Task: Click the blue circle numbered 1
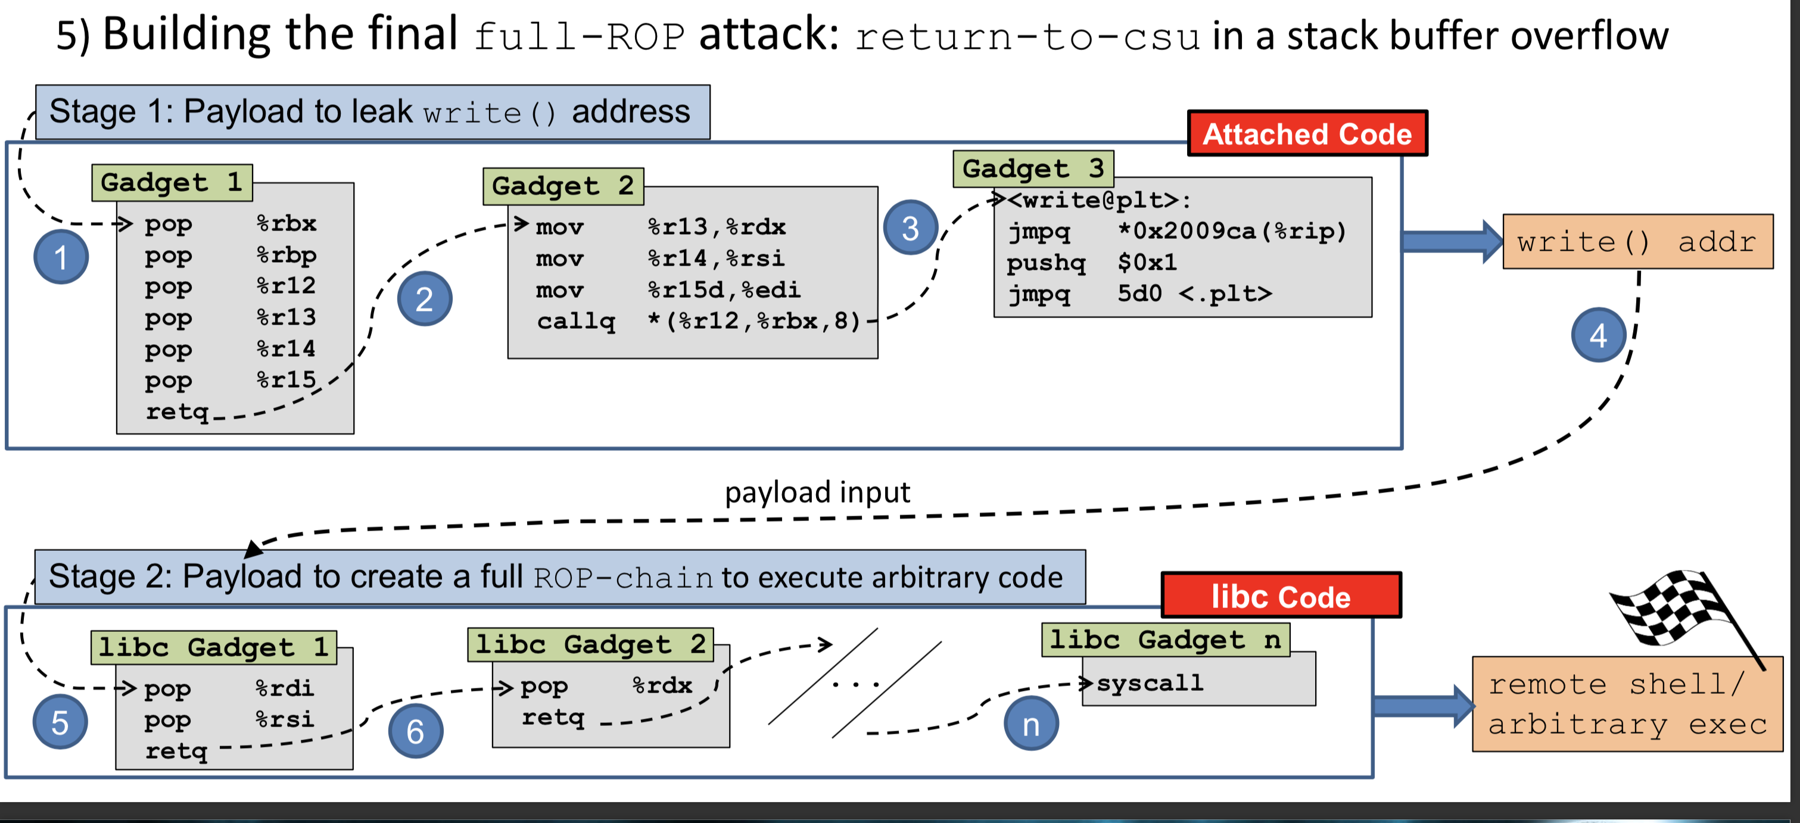61,257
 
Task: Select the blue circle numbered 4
1598,335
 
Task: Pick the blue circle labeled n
1030,724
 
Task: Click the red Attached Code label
1307,133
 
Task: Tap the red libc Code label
1281,596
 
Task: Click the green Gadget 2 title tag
562,186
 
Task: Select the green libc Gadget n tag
1165,639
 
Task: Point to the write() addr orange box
1637,242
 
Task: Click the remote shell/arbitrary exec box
1627,704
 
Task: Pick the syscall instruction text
1150,682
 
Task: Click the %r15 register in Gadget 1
286,379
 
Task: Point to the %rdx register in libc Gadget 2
662,685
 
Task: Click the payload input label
817,492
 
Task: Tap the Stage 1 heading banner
372,112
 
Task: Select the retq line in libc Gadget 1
176,751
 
